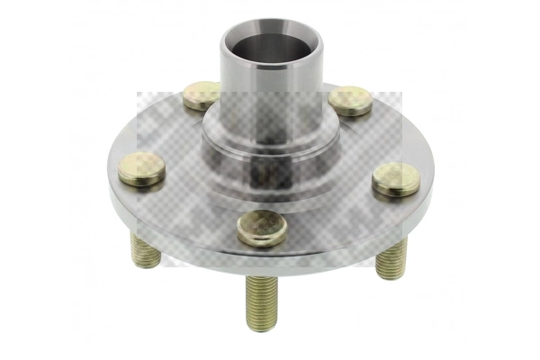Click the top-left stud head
[x=202, y=94]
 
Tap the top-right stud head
[x=350, y=99]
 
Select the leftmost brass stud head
[x=141, y=168]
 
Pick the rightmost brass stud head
[x=396, y=178]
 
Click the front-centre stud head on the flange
[x=262, y=228]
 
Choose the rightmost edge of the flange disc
[x=432, y=180]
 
